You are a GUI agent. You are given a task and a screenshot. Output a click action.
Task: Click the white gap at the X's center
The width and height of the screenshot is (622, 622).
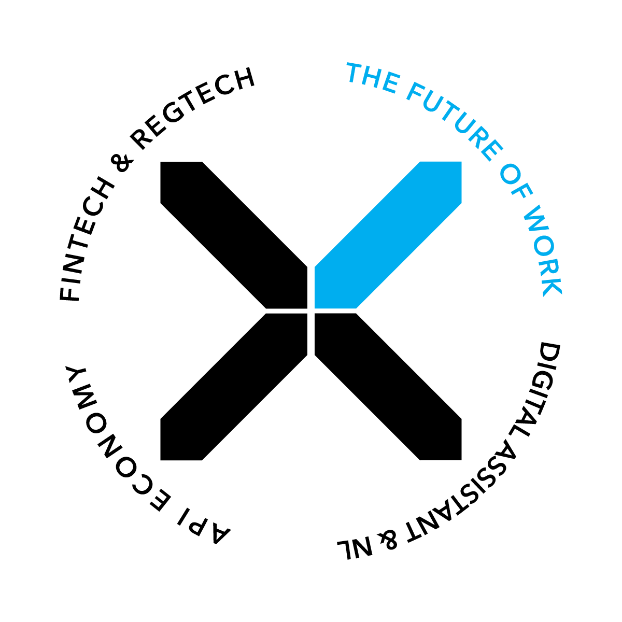(x=311, y=311)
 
